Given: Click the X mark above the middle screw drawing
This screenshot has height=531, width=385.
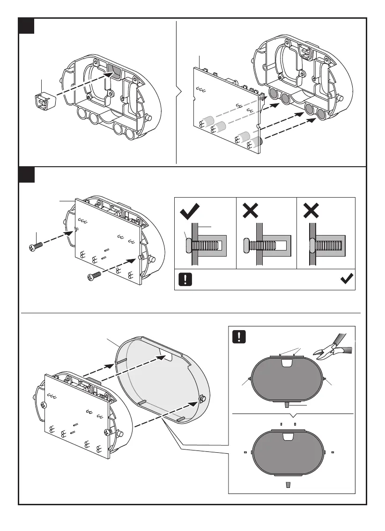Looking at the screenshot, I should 251,212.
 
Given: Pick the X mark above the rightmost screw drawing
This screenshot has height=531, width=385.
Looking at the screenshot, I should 311,212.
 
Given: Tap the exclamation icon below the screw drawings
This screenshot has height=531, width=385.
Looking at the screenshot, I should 186,280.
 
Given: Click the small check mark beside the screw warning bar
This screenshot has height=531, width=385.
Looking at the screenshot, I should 347,279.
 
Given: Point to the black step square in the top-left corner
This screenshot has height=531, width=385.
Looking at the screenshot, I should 27,26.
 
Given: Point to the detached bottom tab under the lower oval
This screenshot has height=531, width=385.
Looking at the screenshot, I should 288,483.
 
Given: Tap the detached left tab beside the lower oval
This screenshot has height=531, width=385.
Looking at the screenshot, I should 245,453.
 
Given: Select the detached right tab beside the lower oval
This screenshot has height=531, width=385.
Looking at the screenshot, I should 332,453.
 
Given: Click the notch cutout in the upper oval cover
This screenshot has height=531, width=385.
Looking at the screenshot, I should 288,363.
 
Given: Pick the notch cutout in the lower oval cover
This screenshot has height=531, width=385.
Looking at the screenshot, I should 288,436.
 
